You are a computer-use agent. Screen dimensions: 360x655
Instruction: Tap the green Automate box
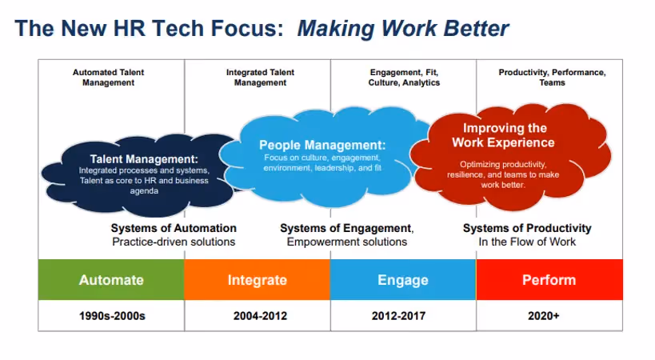tap(111, 280)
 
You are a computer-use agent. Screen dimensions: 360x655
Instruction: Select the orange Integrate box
tap(257, 280)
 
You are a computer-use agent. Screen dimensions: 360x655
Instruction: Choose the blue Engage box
tap(402, 280)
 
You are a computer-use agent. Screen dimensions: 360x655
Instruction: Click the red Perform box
tap(549, 280)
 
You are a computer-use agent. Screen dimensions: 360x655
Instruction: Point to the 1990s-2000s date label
tap(111, 316)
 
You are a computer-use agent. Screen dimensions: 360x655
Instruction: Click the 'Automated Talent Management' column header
tap(109, 78)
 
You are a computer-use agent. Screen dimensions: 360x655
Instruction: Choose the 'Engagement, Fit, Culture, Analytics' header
tap(404, 78)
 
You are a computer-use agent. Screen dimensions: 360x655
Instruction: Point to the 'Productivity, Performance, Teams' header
tap(552, 78)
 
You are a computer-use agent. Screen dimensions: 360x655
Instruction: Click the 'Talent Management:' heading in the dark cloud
tap(143, 158)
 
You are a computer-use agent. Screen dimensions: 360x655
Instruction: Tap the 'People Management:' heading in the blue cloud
tap(322, 145)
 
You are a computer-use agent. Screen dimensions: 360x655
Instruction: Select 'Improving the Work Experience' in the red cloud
tap(503, 135)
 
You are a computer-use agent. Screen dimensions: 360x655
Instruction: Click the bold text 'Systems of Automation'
tap(174, 228)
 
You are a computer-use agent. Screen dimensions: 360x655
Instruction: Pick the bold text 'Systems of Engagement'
tap(345, 228)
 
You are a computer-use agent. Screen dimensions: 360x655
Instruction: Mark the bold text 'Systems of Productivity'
tap(527, 228)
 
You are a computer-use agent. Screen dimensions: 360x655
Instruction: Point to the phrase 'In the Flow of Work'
tap(527, 242)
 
